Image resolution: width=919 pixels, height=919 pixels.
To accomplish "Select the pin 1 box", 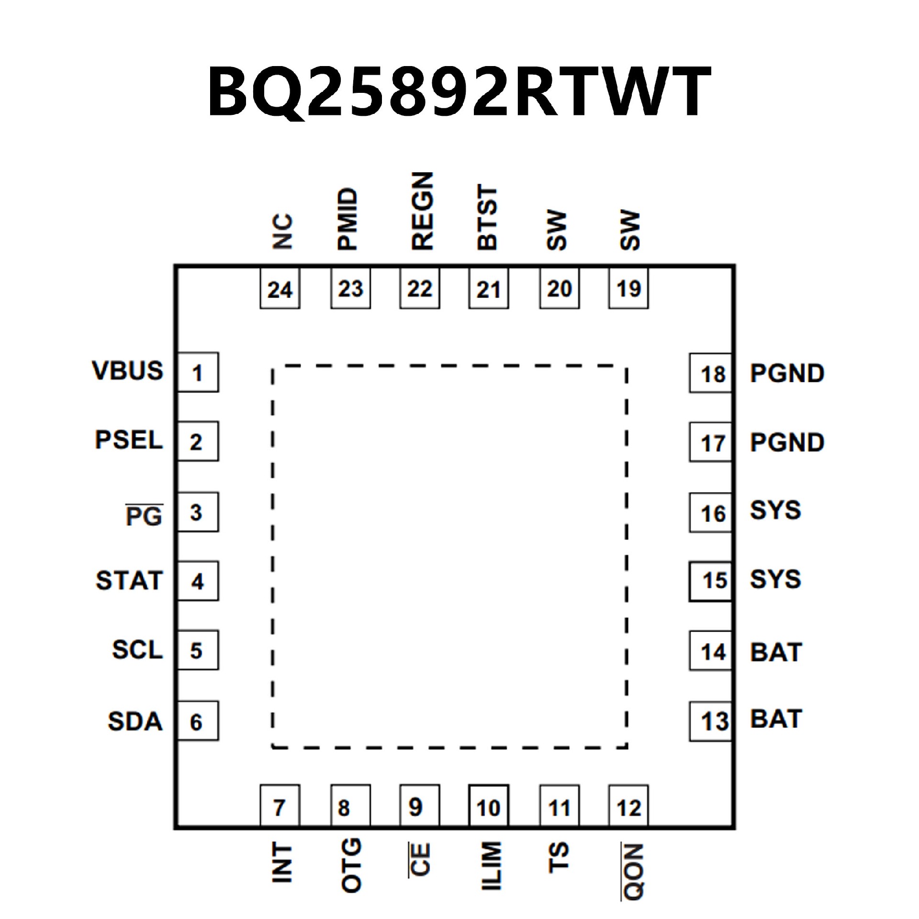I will [198, 372].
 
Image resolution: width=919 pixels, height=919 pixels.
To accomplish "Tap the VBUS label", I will [128, 371].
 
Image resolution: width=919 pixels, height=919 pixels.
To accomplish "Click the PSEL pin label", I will [129, 440].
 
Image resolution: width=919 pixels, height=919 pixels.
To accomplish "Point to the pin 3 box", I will [198, 512].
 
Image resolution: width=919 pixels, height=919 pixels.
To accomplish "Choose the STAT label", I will [129, 581].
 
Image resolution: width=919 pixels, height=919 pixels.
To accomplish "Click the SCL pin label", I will [137, 650].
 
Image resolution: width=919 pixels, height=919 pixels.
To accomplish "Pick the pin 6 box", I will [198, 721].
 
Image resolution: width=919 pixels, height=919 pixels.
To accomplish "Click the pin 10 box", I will [488, 808].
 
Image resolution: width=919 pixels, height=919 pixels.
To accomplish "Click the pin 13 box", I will [711, 721].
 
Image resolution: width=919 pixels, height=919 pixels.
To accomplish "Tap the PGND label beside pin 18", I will [787, 374].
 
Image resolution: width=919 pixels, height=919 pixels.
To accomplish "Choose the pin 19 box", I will [628, 289].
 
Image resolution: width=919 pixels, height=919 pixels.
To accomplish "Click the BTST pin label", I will [488, 218].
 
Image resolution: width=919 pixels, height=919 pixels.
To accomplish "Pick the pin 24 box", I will [280, 289].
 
